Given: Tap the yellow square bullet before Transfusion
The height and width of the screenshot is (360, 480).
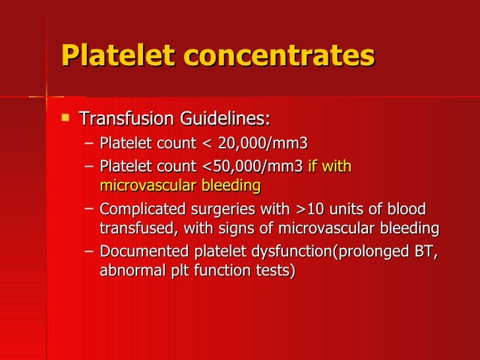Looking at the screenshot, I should (64, 119).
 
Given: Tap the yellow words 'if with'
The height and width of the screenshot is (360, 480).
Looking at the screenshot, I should (330, 165).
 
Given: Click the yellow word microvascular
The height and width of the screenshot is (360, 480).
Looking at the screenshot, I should (148, 186).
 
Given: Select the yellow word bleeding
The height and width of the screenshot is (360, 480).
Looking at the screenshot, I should (231, 186).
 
